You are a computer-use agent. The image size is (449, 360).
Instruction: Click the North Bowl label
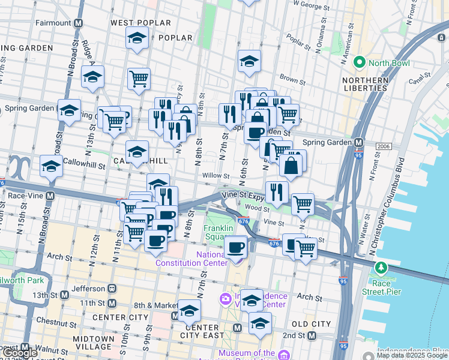pos(390,63)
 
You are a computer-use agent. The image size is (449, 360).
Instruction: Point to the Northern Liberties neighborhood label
pos(365,84)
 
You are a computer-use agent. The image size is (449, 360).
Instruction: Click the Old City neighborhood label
pos(311,324)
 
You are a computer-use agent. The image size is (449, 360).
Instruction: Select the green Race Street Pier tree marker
pos(379,266)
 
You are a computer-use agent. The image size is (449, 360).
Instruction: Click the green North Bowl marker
pos(360,62)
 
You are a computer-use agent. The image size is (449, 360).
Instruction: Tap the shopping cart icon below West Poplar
pos(139,79)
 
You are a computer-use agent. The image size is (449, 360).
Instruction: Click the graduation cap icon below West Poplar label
pos(137,38)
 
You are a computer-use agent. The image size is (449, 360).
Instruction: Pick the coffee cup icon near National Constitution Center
pos(235,246)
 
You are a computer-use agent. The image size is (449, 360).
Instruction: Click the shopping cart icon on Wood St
pos(303,203)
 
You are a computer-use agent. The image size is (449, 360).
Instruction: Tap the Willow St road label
pos(216,176)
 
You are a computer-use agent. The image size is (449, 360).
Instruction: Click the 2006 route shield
pos(383,146)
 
